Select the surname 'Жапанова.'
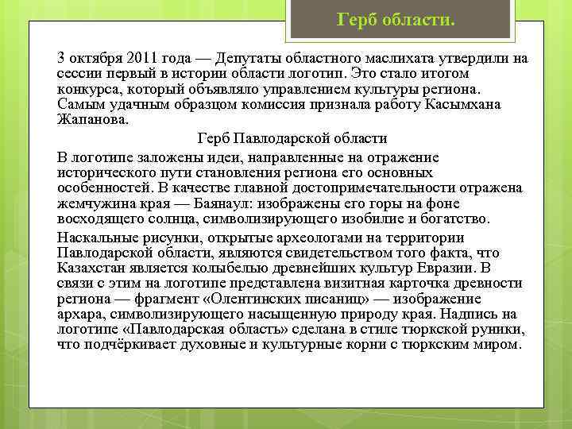click(x=91, y=119)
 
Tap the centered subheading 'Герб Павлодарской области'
click(x=292, y=137)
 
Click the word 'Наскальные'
click(x=98, y=238)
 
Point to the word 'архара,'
click(x=82, y=313)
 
